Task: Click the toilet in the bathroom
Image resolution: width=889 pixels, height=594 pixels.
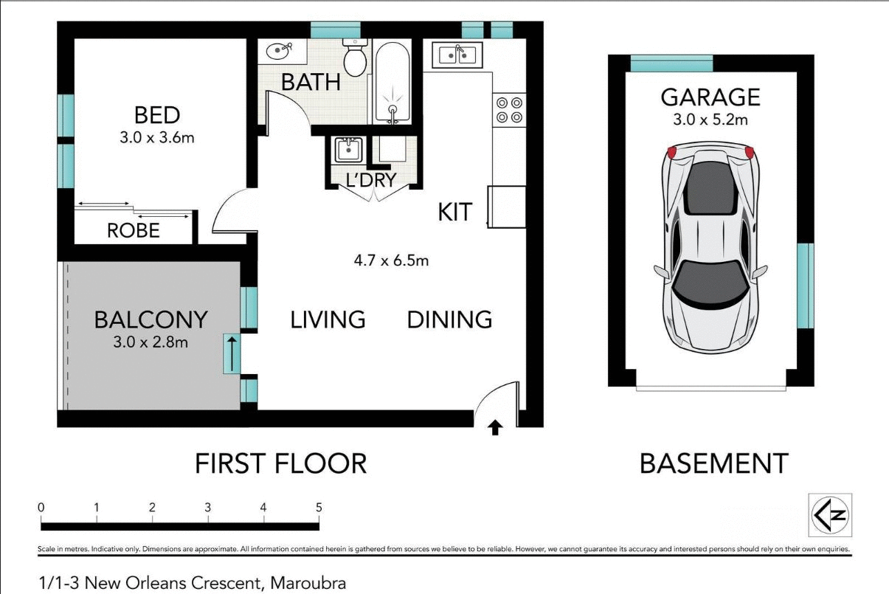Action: [356, 60]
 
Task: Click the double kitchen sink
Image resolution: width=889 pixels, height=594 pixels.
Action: [457, 55]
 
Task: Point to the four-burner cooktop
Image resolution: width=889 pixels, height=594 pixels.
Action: [509, 109]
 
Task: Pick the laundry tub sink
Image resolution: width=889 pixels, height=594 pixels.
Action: [346, 150]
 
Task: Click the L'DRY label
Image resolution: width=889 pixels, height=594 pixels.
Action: [371, 179]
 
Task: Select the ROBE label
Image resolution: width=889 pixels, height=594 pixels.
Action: [134, 231]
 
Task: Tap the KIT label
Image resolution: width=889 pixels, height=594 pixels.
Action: [454, 213]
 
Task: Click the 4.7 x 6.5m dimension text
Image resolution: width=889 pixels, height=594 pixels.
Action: [391, 260]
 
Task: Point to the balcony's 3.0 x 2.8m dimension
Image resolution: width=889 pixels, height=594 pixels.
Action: [151, 342]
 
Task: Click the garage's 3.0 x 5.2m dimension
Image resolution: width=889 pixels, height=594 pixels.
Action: [710, 120]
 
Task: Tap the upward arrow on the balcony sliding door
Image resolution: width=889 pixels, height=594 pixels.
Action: [232, 353]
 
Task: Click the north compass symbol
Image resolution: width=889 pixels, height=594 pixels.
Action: [831, 514]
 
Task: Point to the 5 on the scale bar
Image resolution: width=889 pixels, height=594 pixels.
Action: [319, 508]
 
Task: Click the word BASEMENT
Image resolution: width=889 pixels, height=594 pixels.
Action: [713, 463]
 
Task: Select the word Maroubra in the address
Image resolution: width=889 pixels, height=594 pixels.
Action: [308, 583]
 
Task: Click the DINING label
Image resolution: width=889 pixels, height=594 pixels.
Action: [449, 320]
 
